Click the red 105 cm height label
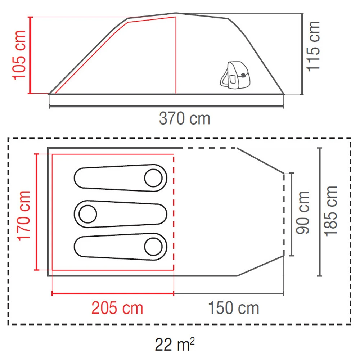click(19, 55)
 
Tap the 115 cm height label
click(314, 46)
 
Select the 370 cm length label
click(185, 118)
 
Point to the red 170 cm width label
click(24, 216)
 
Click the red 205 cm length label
click(117, 308)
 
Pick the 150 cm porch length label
click(234, 308)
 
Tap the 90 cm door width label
click(303, 213)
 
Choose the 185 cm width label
click(330, 211)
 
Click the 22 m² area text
click(175, 344)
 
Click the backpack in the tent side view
click(235, 75)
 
